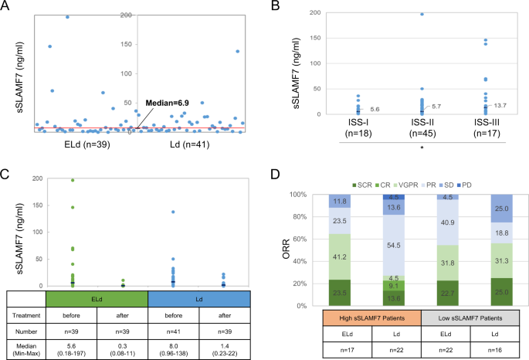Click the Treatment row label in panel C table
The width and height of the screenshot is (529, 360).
click(x=23, y=315)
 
